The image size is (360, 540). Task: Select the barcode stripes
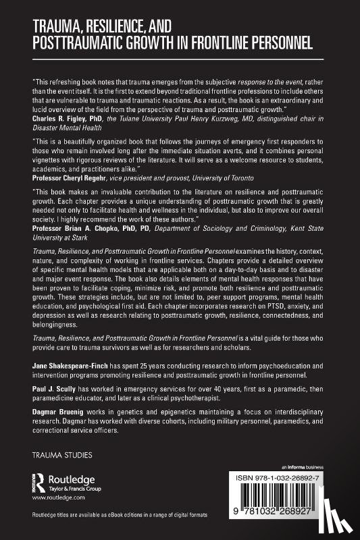(x=299, y=501)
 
